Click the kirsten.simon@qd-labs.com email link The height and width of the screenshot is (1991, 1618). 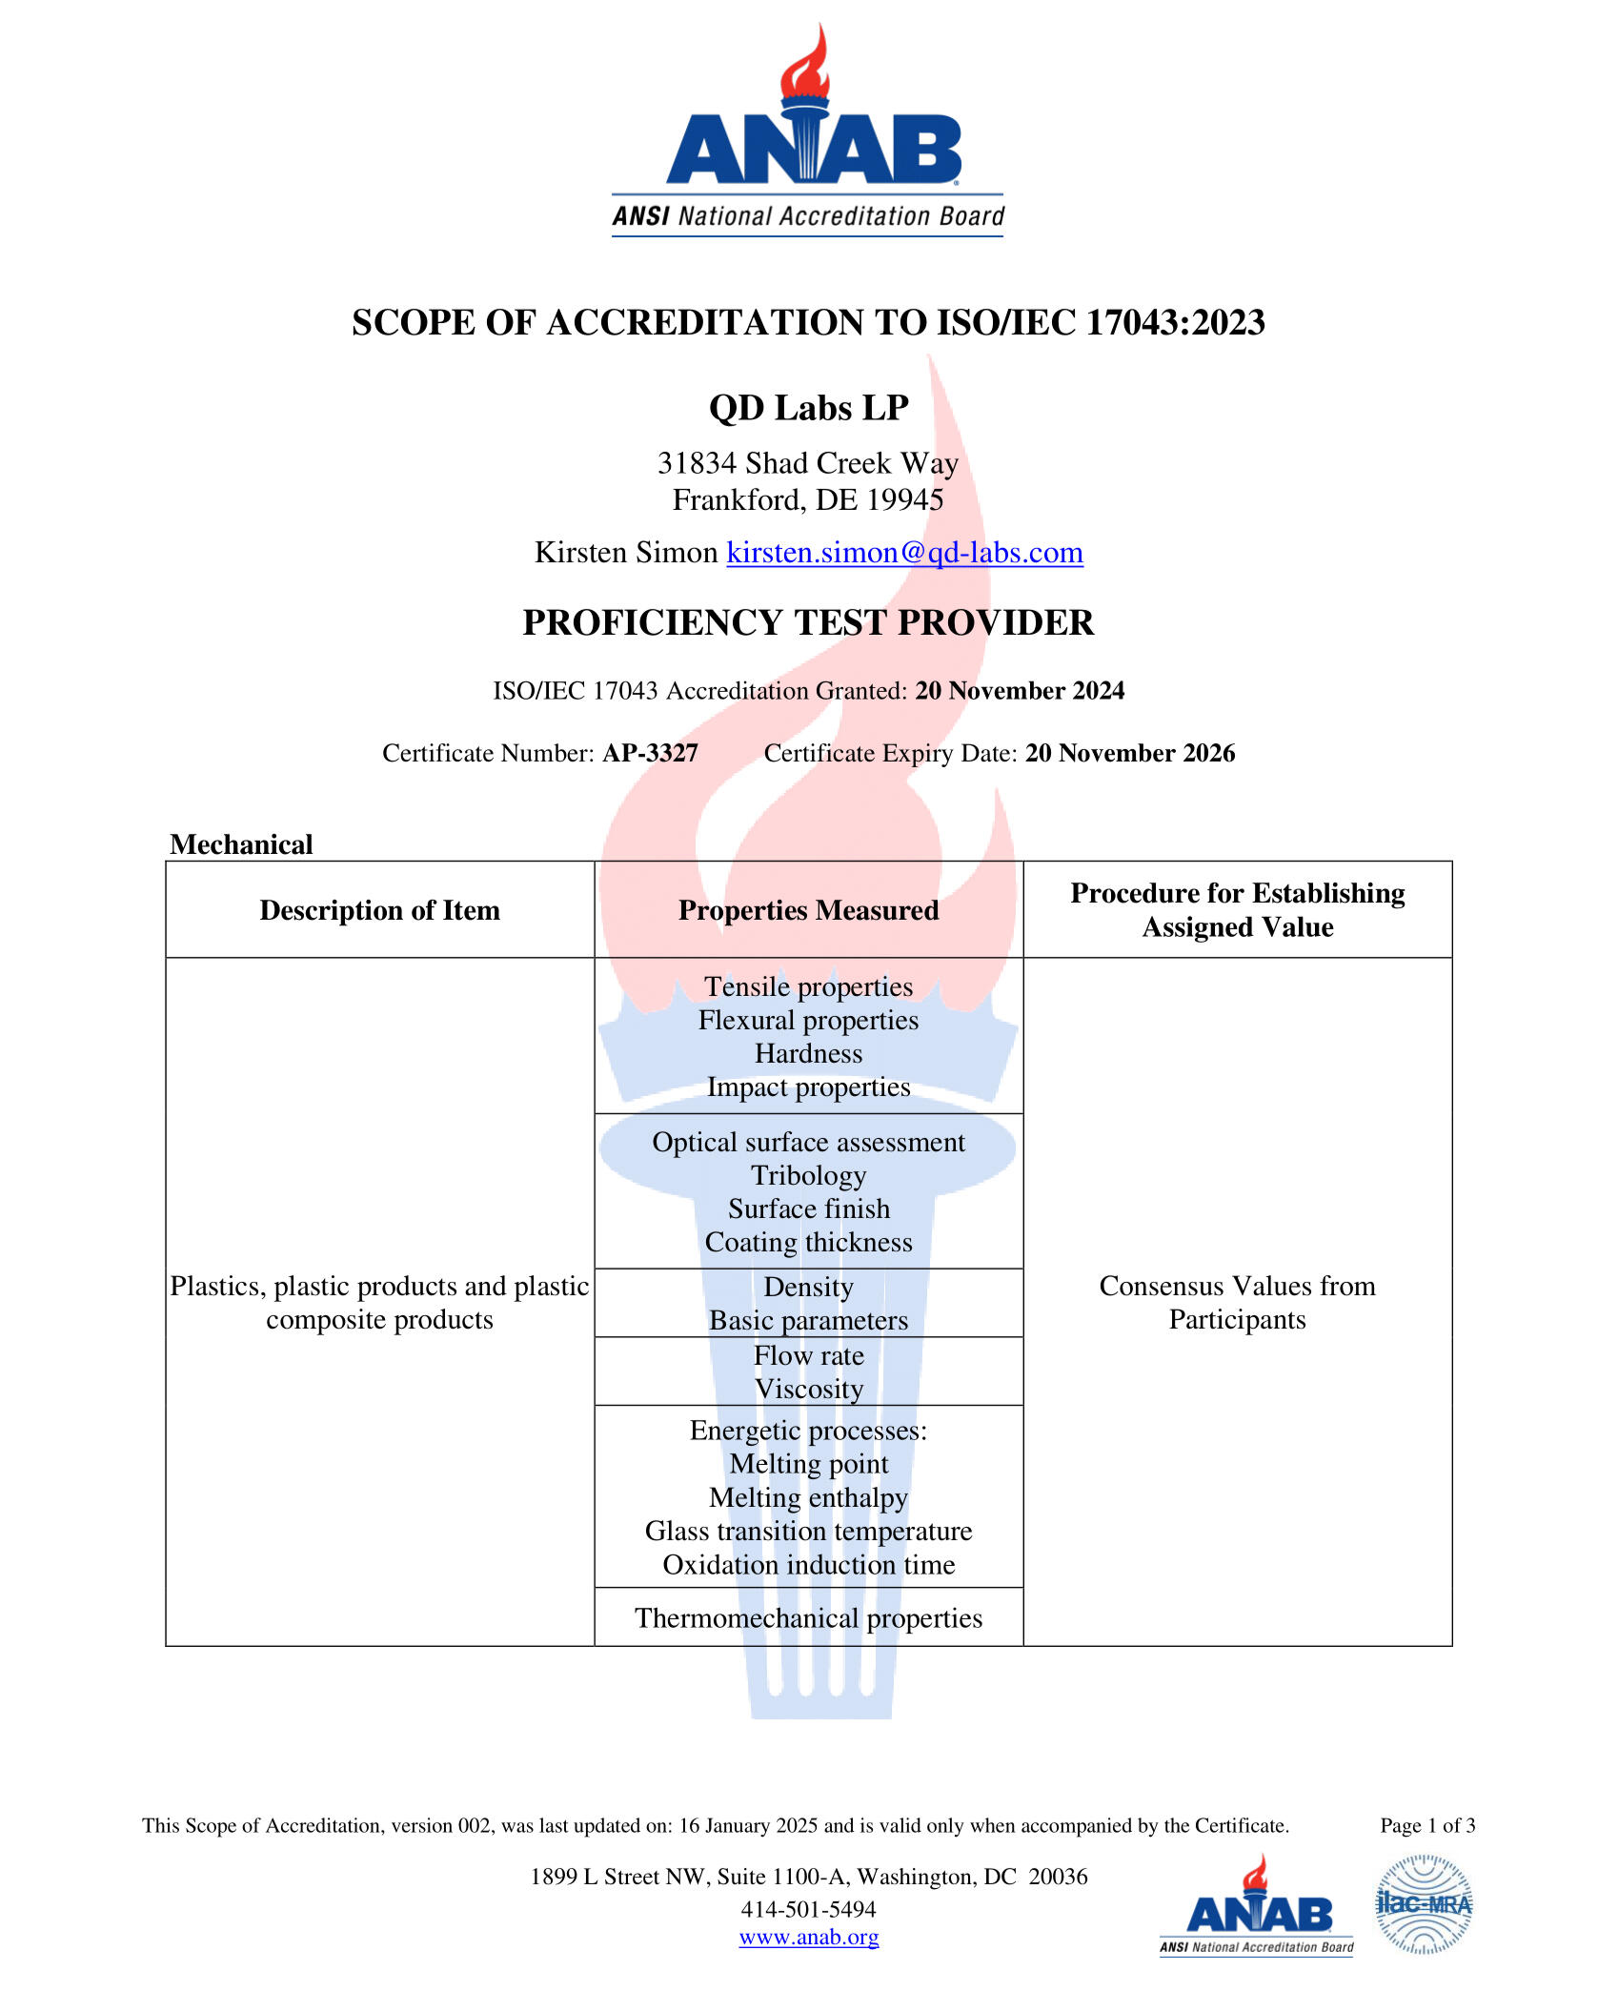pyautogui.click(x=904, y=553)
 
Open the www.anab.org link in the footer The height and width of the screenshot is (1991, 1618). pyautogui.click(x=808, y=1937)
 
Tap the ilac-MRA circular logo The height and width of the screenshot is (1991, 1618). pyautogui.click(x=1424, y=1904)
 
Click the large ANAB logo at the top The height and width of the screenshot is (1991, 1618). pyautogui.click(x=808, y=133)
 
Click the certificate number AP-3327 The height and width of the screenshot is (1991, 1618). pyautogui.click(x=650, y=753)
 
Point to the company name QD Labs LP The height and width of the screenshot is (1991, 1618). pyautogui.click(x=808, y=408)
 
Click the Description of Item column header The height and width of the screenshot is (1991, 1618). pyautogui.click(x=379, y=910)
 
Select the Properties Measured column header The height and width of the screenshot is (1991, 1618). pyautogui.click(x=808, y=910)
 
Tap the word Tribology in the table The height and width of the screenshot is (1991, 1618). pyautogui.click(x=808, y=1175)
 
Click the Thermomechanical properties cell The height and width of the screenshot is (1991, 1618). pyautogui.click(x=808, y=1617)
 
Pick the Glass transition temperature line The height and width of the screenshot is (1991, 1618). pyautogui.click(x=808, y=1531)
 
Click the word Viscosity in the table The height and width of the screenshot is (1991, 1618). pyautogui.click(x=808, y=1389)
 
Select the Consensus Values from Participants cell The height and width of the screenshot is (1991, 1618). pyautogui.click(x=1237, y=1303)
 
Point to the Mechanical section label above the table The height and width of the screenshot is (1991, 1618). pyautogui.click(x=241, y=844)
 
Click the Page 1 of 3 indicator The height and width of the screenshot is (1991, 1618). pyautogui.click(x=1427, y=1825)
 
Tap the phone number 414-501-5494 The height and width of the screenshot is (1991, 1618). pyautogui.click(x=808, y=1909)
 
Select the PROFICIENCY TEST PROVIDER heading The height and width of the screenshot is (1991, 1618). pyautogui.click(x=808, y=622)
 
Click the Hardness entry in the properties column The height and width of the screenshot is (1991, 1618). pyautogui.click(x=808, y=1053)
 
